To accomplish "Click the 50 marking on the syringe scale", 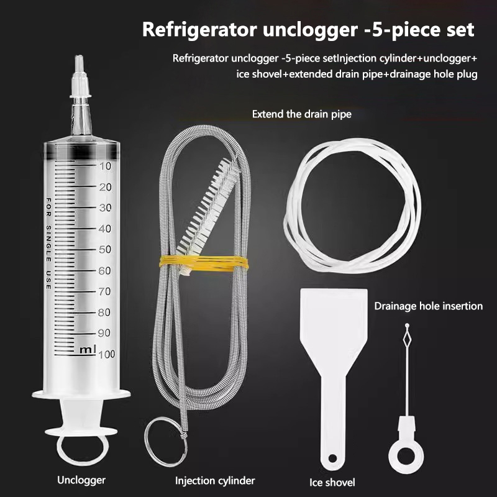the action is pos(105,250).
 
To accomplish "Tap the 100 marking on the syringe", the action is pos(106,354).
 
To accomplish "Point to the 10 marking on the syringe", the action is pos(105,166).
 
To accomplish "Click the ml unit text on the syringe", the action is pos(88,350).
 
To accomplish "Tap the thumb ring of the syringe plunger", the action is pos(82,450).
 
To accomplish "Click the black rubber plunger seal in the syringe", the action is pos(81,151).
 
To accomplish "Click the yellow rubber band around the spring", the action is pos(204,263).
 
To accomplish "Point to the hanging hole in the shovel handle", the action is pos(332,458).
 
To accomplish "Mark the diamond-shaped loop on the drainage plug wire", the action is pos(407,339).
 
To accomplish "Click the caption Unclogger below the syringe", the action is pos(81,480).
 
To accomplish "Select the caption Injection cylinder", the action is pos(215,481).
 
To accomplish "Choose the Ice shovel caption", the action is pos(332,483).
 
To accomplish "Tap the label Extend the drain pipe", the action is pos(302,114).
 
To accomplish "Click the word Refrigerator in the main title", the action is pos(199,30).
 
